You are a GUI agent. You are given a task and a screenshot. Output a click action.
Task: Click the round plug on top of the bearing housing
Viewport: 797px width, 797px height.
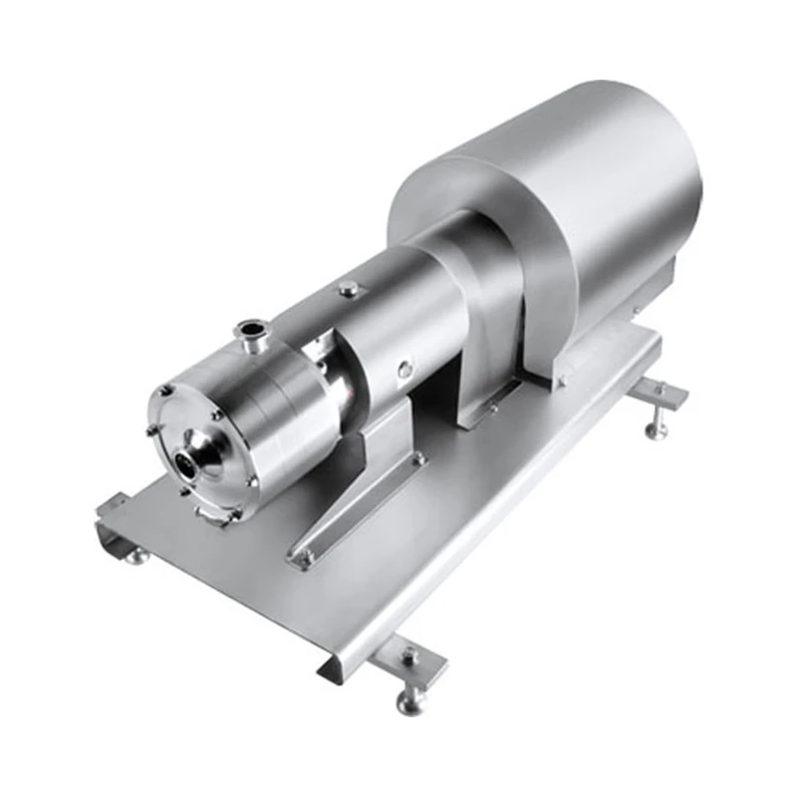[348, 289]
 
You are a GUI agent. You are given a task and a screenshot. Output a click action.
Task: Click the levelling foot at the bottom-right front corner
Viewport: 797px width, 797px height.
[409, 701]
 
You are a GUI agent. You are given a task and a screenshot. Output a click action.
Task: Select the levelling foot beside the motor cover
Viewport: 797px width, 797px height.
[657, 428]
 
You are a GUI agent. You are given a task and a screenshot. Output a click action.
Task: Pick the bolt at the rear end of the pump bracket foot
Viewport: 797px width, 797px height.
[419, 460]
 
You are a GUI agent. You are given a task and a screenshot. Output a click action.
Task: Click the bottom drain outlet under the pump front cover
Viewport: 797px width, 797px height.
[217, 516]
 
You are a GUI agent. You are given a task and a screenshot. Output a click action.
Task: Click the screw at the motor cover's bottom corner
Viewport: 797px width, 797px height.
[560, 380]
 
